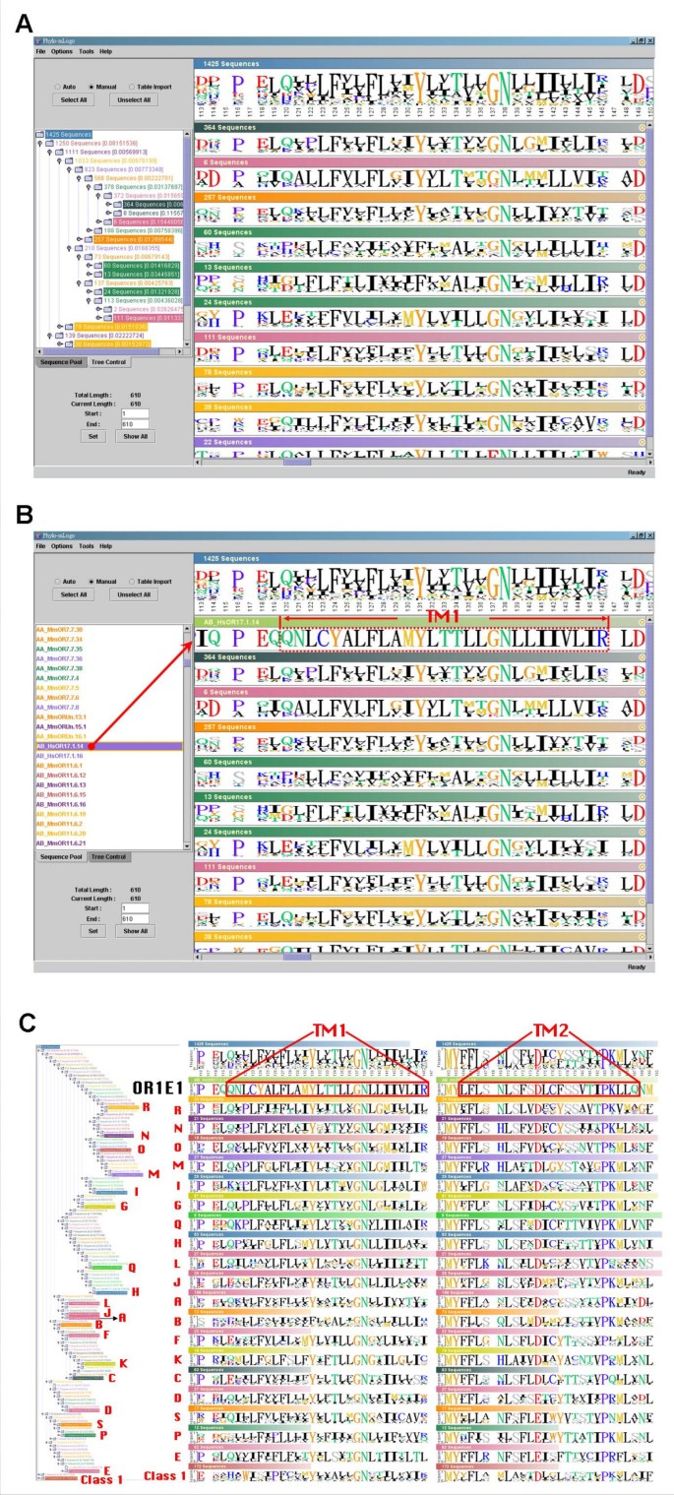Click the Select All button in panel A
(x=74, y=99)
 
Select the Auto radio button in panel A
(x=57, y=87)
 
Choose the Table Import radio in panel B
(x=131, y=582)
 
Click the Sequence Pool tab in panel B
(x=58, y=857)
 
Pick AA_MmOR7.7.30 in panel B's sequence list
(x=59, y=628)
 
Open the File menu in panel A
(x=40, y=51)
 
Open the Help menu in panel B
(x=105, y=545)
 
